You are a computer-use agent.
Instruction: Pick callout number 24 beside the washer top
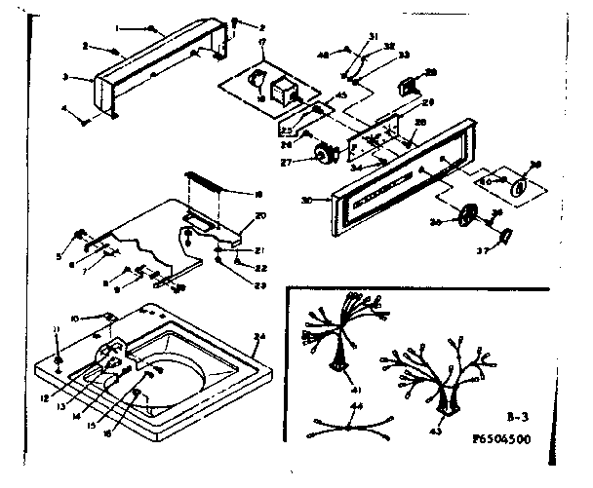[259, 336]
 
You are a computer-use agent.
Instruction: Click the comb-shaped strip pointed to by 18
[202, 181]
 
